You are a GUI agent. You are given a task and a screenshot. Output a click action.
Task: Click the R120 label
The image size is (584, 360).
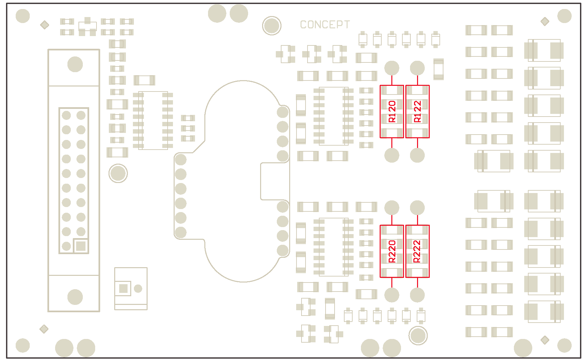392,112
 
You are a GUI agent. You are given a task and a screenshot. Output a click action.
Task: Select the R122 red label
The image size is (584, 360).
417,112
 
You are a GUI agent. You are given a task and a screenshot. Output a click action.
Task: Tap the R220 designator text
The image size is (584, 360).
392,251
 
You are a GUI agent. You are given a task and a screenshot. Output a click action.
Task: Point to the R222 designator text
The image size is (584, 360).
417,251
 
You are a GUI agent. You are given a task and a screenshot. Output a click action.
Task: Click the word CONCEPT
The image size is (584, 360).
325,25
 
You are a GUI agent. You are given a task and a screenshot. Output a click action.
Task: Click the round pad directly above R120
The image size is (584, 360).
392,68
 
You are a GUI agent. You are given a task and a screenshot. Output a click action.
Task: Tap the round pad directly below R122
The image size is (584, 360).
417,155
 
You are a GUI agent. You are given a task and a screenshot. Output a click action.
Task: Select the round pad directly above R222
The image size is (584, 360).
417,208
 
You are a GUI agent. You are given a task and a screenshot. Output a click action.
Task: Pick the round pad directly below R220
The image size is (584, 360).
392,295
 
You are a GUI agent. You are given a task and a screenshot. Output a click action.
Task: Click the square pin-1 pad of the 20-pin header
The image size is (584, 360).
81,246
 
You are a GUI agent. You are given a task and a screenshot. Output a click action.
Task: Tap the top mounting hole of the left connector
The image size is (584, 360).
75,64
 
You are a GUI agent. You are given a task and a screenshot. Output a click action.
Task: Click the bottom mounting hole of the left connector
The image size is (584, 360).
75,297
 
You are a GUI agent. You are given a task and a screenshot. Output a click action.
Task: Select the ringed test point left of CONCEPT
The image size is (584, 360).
271,25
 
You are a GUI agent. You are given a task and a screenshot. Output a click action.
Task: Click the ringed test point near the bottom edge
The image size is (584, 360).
418,335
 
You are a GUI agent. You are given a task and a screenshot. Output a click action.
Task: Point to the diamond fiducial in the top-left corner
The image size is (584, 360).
44,25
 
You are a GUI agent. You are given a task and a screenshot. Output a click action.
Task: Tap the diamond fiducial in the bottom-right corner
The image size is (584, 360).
545,340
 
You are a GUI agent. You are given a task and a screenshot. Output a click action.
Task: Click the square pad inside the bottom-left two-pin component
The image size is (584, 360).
123,288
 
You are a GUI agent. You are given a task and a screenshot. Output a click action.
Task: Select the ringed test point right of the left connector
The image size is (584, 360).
118,173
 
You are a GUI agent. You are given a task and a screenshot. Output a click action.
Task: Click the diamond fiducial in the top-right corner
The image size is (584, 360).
545,21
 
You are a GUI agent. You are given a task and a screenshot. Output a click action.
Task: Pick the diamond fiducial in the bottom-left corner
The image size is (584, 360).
44,329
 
